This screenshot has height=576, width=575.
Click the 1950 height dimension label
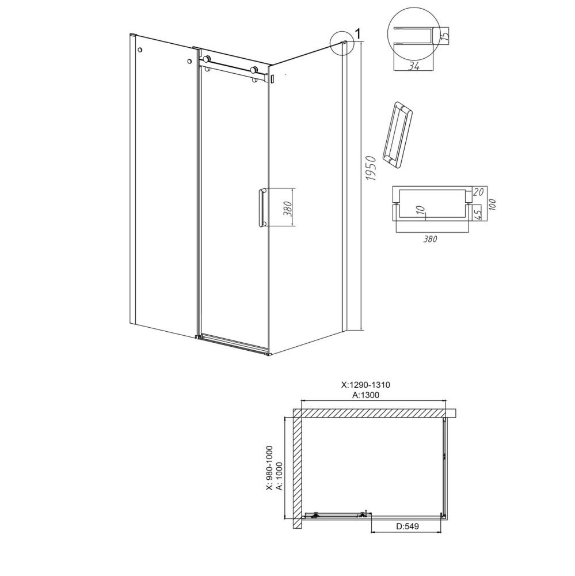(x=372, y=168)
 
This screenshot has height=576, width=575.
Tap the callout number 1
(x=358, y=34)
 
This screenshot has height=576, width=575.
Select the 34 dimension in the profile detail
(x=414, y=66)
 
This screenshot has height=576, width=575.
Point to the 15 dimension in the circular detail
(x=444, y=36)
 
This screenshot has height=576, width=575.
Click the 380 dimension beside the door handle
(x=288, y=209)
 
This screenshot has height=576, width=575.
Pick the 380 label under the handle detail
(x=430, y=239)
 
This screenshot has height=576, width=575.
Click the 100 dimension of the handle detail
(x=492, y=204)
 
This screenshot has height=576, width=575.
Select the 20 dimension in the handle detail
(x=478, y=192)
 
